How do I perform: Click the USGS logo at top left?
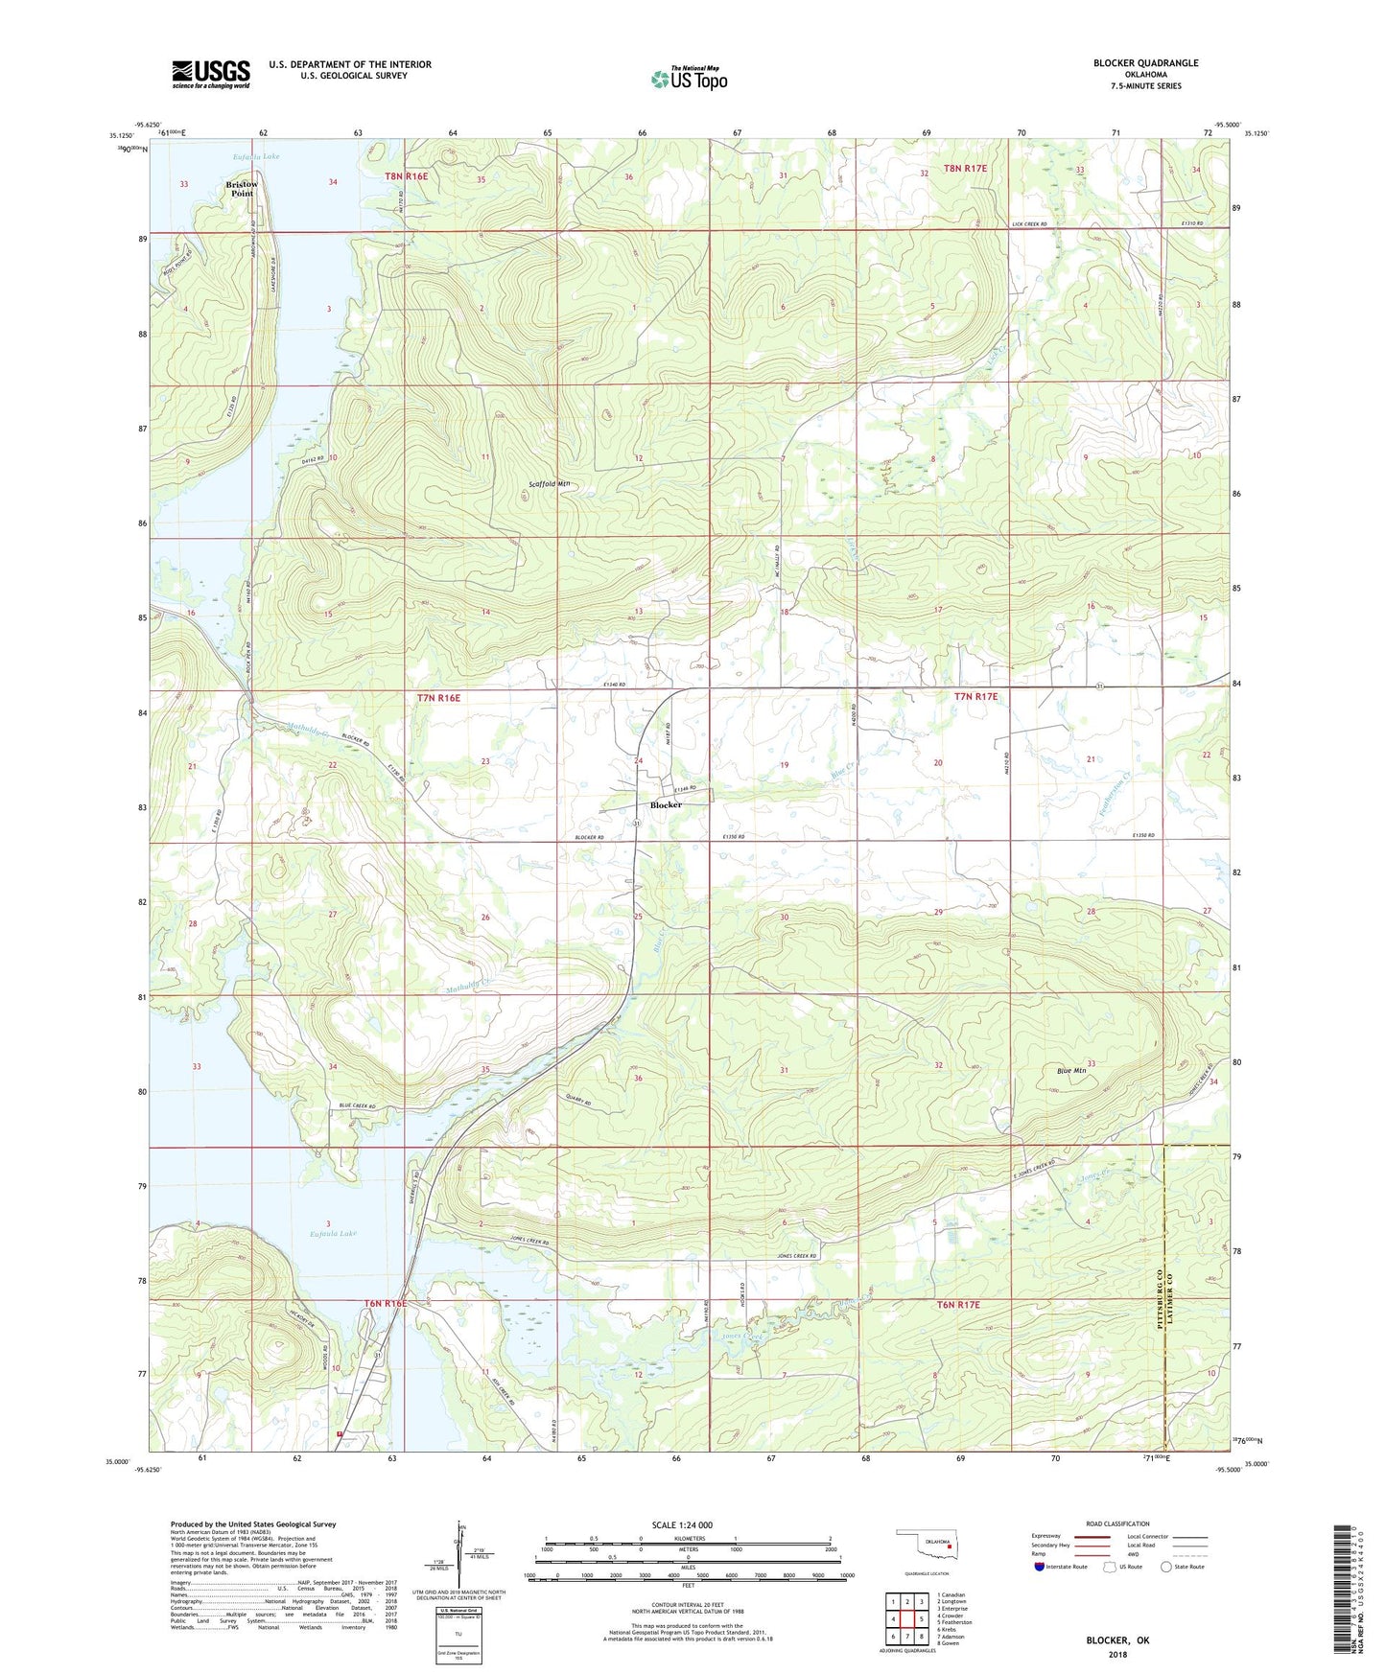point(211,74)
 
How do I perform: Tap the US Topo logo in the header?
point(689,79)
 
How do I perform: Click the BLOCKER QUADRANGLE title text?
point(1145,63)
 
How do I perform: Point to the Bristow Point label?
point(242,189)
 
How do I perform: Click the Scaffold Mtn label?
point(550,484)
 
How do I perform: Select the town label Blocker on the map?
point(666,805)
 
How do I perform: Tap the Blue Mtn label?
point(1069,1071)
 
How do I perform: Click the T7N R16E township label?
point(439,699)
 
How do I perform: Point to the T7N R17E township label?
point(975,697)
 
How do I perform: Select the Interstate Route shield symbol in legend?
point(1041,1567)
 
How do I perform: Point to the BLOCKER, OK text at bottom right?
point(1116,1640)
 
